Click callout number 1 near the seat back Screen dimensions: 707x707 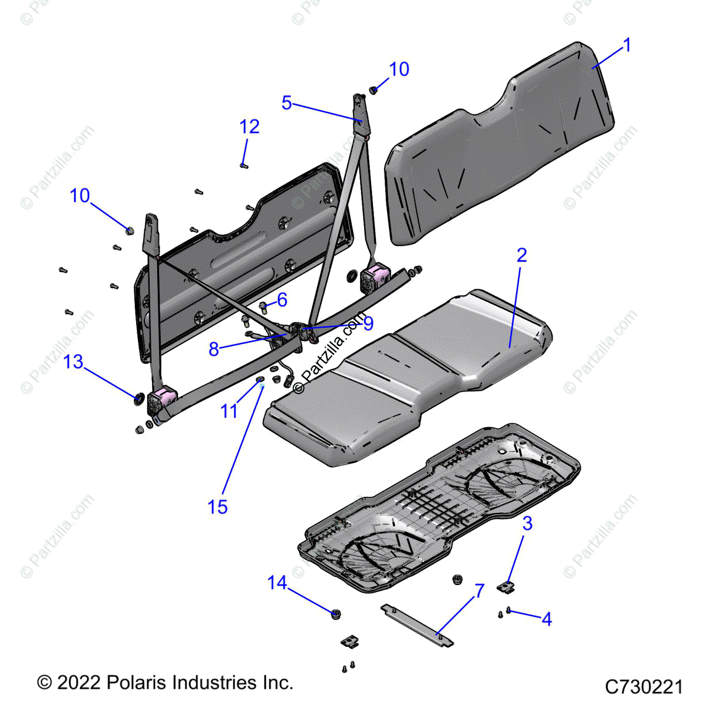[627, 45]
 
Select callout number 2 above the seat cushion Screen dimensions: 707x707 [521, 255]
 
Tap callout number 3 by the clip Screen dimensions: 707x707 [527, 523]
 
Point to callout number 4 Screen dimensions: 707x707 [547, 619]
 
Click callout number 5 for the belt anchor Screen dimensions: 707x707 [286, 103]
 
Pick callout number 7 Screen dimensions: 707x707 [480, 591]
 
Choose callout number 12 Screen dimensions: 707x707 [250, 127]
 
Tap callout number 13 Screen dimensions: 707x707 [74, 362]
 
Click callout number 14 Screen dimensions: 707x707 [277, 583]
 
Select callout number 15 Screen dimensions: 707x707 [217, 507]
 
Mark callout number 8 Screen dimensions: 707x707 [214, 349]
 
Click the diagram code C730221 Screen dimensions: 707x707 [644, 687]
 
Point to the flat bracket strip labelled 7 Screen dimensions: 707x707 [417, 625]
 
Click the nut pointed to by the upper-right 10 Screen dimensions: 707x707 [374, 90]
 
